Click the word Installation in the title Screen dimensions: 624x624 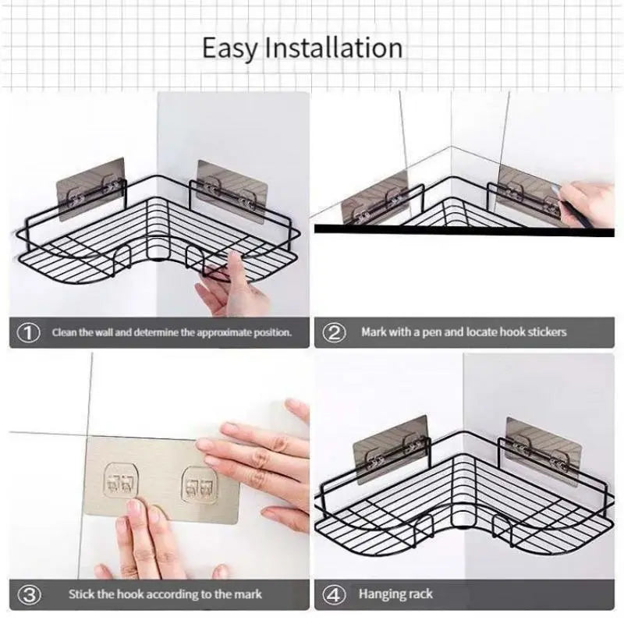pyautogui.click(x=334, y=48)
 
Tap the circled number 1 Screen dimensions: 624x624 pyautogui.click(x=28, y=332)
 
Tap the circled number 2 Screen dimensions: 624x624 pyautogui.click(x=335, y=332)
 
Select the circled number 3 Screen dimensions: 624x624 pyautogui.click(x=28, y=594)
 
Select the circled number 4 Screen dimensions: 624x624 pyautogui.click(x=335, y=594)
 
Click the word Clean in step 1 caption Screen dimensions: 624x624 pyautogui.click(x=65, y=332)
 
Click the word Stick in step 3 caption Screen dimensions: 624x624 pyautogui.click(x=81, y=594)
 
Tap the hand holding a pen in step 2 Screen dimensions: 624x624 pyautogui.click(x=590, y=204)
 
